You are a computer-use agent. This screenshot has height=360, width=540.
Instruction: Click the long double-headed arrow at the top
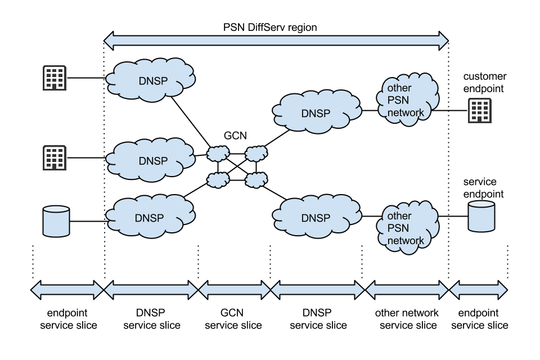pyautogui.click(x=276, y=40)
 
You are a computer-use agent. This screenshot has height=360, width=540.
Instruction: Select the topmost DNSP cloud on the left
pyautogui.click(x=151, y=80)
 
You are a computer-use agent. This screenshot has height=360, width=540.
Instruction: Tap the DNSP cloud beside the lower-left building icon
pyautogui.click(x=151, y=160)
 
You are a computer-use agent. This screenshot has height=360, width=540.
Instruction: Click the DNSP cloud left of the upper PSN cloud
pyautogui.click(x=316, y=112)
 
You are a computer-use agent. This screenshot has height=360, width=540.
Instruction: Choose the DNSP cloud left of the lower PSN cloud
pyautogui.click(x=316, y=217)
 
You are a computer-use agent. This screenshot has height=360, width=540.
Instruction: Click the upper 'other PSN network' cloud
pyautogui.click(x=407, y=100)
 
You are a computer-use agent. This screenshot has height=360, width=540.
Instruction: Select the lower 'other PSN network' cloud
pyautogui.click(x=407, y=228)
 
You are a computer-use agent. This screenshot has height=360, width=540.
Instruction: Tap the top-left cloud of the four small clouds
pyautogui.click(x=218, y=153)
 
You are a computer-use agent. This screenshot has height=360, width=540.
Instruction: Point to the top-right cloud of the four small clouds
pyautogui.click(x=256, y=153)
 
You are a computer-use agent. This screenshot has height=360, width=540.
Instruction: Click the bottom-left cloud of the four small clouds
pyautogui.click(x=218, y=180)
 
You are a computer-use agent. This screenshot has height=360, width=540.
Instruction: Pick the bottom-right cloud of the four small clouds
pyautogui.click(x=256, y=180)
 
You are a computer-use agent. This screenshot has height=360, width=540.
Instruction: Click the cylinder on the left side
pyautogui.click(x=56, y=221)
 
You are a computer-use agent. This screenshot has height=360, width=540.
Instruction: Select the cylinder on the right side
pyautogui.click(x=481, y=216)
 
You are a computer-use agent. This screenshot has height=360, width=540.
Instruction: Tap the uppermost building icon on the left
pyautogui.click(x=55, y=78)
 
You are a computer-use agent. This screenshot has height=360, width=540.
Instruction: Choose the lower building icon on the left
pyautogui.click(x=55, y=158)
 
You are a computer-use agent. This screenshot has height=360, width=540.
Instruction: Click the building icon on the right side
pyautogui.click(x=480, y=111)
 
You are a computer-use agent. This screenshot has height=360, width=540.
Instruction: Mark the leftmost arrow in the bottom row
pyautogui.click(x=67, y=290)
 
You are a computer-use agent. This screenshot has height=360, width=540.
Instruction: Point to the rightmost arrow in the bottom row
pyautogui.click(x=478, y=290)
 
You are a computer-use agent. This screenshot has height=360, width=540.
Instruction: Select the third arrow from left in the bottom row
pyautogui.click(x=235, y=290)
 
